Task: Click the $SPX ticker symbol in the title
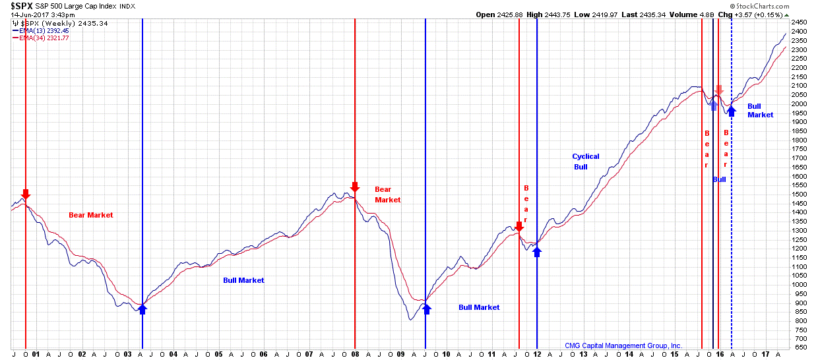point(22,5)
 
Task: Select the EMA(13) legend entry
point(40,30)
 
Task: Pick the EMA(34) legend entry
point(40,38)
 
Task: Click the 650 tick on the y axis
point(800,347)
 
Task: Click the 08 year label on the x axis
point(356,354)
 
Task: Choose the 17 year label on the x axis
point(765,354)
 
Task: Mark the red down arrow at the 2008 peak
point(355,187)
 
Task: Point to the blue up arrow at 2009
point(426,308)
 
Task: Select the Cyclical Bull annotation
point(585,162)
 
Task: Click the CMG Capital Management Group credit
point(623,345)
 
